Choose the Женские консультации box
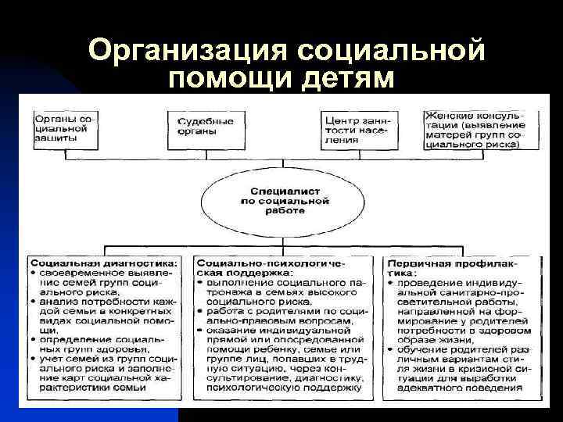click(x=477, y=128)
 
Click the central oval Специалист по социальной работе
click(x=279, y=200)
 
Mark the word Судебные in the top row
click(x=205, y=122)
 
